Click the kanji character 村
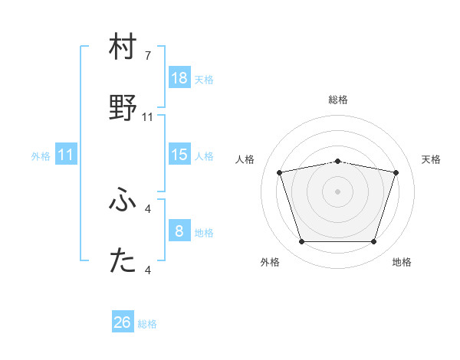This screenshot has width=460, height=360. [123, 47]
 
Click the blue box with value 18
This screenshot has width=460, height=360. [179, 78]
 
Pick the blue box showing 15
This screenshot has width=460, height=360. [179, 155]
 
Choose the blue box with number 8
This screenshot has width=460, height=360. [179, 231]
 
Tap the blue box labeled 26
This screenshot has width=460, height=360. [123, 322]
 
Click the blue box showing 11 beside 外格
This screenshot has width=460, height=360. [66, 155]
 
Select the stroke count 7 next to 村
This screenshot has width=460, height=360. [148, 56]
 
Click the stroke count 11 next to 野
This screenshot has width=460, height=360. [148, 117]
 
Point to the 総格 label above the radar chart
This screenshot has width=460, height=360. [338, 100]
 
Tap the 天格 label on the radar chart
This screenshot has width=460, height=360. [431, 159]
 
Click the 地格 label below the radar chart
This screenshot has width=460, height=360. [402, 263]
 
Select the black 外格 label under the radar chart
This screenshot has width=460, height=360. [270, 263]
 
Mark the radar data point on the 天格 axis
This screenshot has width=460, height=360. [396, 172]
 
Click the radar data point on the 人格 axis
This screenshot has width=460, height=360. [280, 172]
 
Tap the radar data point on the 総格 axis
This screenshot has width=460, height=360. [338, 161]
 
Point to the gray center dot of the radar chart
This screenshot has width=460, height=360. [338, 191]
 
